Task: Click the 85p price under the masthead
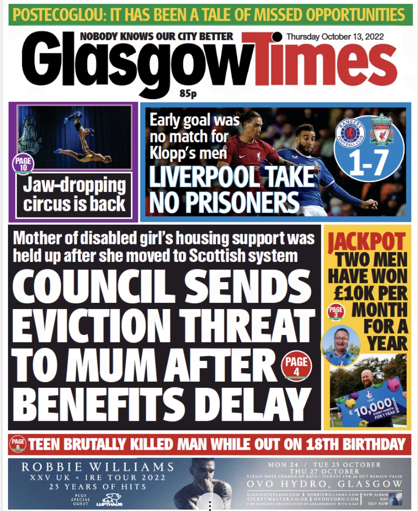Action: tap(188, 93)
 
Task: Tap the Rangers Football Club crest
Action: tap(350, 134)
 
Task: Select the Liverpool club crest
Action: tap(382, 130)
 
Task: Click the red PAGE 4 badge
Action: tap(296, 366)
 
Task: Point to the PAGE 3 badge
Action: tap(336, 312)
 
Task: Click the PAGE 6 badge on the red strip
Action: tap(18, 444)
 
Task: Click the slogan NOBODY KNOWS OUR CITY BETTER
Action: tap(156, 36)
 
